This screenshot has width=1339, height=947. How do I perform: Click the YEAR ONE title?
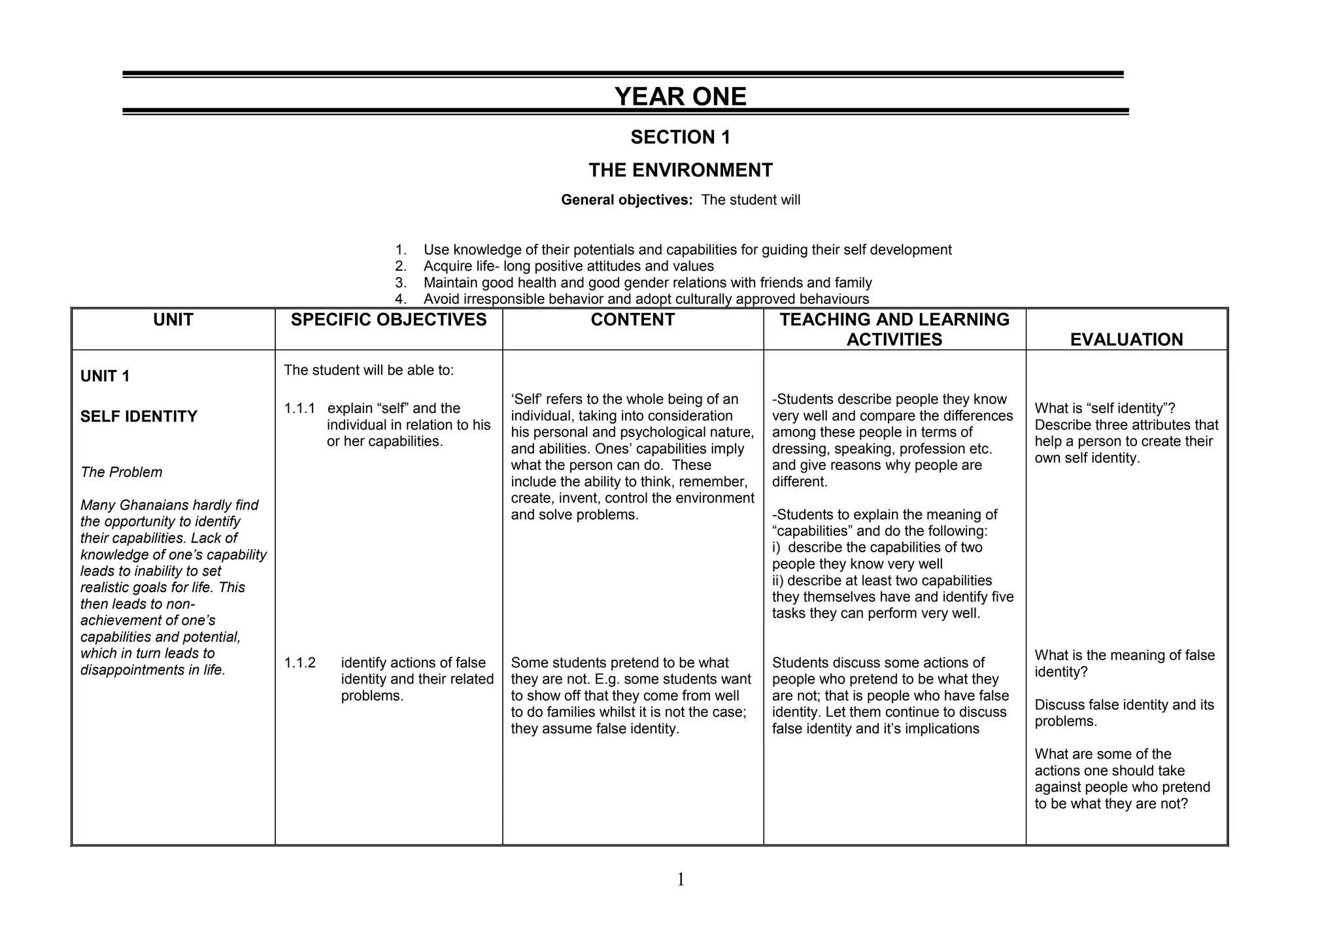[680, 97]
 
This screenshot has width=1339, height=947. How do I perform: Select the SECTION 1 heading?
[680, 137]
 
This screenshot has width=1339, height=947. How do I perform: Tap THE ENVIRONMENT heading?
[680, 171]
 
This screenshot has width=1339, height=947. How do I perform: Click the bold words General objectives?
[626, 200]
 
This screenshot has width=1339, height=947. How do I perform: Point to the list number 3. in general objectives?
[401, 283]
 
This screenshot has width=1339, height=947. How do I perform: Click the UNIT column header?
[173, 320]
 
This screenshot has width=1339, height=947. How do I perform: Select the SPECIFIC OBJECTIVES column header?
[388, 320]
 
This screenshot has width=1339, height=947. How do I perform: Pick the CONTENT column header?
[632, 320]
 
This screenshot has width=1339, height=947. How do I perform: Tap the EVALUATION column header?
[1126, 340]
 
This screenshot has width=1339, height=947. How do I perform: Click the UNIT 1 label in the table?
[105, 376]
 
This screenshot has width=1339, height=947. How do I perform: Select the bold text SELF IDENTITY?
[139, 417]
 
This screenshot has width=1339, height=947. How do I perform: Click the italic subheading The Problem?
[121, 473]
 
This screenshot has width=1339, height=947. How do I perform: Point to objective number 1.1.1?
[299, 408]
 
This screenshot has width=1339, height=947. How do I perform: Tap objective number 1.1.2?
[299, 663]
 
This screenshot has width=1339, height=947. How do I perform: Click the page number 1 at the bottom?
[681, 880]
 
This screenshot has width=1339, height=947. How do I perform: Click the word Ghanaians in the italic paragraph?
[154, 505]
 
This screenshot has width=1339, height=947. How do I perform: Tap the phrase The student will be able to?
[368, 371]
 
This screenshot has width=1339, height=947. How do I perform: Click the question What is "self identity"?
[1104, 408]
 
